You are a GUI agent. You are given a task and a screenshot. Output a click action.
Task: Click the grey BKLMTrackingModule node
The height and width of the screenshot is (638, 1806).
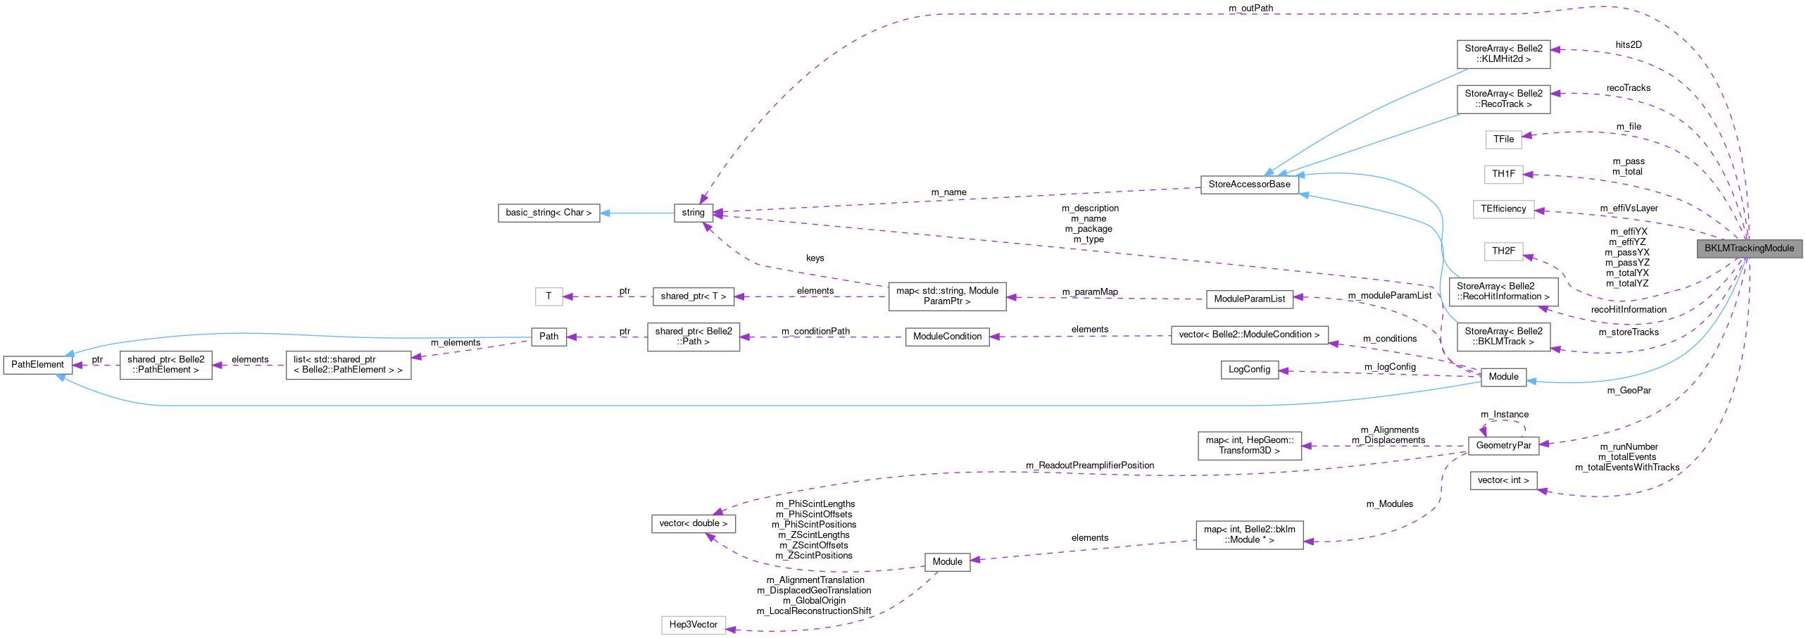point(1749,249)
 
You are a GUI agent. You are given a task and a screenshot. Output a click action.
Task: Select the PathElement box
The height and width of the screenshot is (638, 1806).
point(37,365)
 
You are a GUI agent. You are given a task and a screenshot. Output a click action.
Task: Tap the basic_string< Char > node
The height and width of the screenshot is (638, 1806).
point(548,213)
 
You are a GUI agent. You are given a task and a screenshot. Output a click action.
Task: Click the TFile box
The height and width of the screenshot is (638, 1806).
point(1503,139)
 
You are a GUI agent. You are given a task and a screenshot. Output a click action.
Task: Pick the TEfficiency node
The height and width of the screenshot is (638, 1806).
point(1503,209)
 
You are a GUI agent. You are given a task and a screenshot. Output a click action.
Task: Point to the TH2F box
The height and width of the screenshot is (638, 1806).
point(1503,251)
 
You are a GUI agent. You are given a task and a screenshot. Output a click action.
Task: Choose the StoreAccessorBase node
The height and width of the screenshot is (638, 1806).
point(1249,184)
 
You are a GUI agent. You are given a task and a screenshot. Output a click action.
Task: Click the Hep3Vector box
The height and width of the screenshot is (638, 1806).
point(693,625)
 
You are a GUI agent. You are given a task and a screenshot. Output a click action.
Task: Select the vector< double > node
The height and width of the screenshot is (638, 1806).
point(693,523)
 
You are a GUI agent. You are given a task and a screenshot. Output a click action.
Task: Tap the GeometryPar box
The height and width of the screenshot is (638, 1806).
point(1503,446)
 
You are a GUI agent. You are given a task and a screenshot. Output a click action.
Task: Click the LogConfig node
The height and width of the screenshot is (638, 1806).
point(1249,370)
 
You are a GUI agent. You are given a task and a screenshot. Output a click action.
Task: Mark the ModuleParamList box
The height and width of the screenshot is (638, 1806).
point(1249,299)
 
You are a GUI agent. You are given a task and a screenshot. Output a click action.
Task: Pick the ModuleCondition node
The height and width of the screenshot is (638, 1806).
point(947,337)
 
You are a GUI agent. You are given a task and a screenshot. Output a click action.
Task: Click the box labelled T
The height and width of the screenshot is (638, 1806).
point(548,296)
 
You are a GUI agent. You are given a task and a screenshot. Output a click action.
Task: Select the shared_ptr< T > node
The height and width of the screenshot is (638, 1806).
point(693,296)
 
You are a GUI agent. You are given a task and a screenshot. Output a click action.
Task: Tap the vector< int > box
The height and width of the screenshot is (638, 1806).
point(1503,480)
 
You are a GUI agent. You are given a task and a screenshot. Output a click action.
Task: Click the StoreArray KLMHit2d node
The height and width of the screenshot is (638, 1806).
point(1503,54)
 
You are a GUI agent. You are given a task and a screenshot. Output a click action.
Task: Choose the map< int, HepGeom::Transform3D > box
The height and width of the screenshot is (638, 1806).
point(1249,446)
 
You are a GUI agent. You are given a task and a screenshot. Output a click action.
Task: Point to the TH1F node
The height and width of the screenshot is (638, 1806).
point(1503,174)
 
